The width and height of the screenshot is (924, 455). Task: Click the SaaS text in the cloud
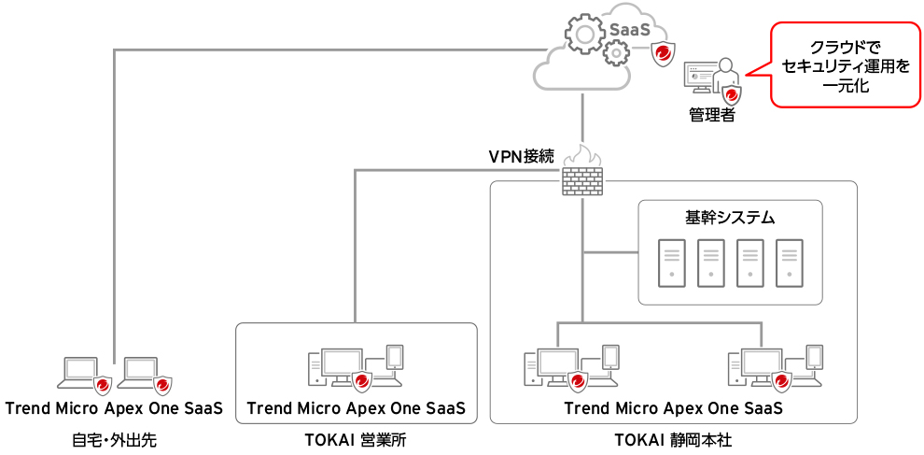click(x=630, y=29)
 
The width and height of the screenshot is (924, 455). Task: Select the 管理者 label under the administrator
click(x=711, y=116)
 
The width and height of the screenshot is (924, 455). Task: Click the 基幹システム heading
click(x=730, y=218)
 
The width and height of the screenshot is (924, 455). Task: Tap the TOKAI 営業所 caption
click(x=356, y=440)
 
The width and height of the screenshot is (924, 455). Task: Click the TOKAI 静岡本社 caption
click(x=673, y=440)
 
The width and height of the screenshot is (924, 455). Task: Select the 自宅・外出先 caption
click(x=114, y=440)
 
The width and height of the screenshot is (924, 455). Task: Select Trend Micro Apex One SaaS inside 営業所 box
click(x=356, y=408)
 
